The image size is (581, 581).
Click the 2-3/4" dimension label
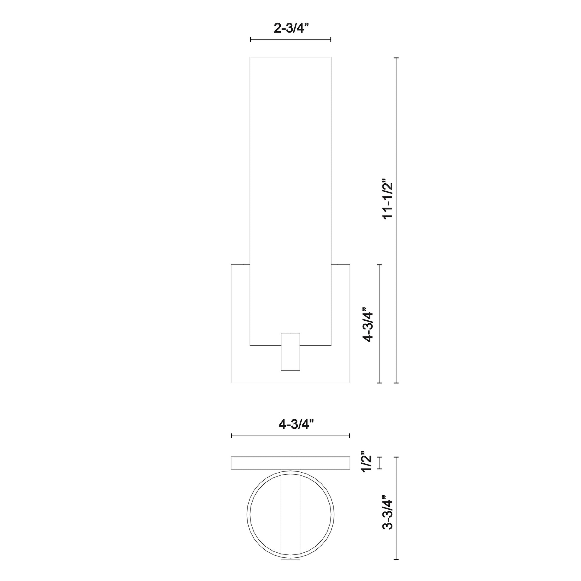pos(291,28)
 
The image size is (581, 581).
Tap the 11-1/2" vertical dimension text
pos(387,204)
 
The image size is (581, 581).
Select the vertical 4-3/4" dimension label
pos(368,325)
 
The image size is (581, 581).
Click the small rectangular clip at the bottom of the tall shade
pos(290,351)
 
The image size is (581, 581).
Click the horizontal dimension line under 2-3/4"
pos(290,39)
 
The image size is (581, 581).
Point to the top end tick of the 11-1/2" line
pos(396,57)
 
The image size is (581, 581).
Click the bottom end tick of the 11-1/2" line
pos(396,383)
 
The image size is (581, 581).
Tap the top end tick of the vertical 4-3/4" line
pos(379,265)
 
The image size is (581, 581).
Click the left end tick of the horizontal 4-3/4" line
pos(232,436)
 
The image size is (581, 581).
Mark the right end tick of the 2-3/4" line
pos(331,39)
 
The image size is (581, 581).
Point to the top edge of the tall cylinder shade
pos(290,57)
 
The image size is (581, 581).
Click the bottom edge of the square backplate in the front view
pos(290,383)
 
